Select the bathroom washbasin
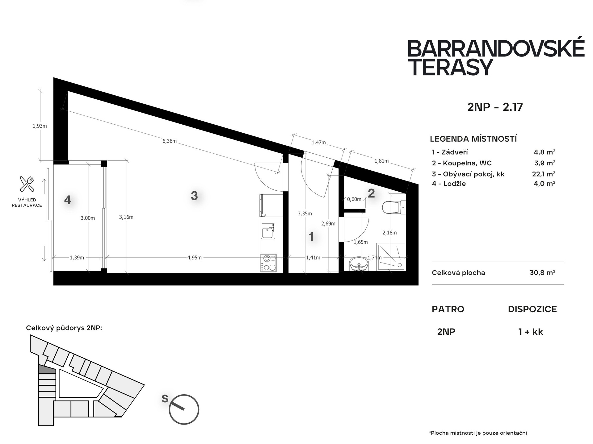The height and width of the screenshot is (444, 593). (359, 264)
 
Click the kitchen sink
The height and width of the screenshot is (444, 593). (268, 231)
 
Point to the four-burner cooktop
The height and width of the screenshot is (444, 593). (268, 263)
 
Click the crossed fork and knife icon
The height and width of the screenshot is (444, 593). (27, 184)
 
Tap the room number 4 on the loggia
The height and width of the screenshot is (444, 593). (68, 200)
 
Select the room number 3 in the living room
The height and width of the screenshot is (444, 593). (194, 196)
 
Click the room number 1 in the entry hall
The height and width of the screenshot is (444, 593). (311, 237)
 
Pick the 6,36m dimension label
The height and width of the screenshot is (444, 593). (170, 141)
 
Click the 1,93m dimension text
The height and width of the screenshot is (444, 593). (40, 126)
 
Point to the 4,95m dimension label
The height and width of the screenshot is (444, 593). (195, 258)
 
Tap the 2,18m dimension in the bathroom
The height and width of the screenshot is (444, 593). (389, 233)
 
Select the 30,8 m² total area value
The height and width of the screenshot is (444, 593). (542, 273)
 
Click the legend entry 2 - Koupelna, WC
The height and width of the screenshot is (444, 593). (462, 163)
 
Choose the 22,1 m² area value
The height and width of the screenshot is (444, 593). (544, 174)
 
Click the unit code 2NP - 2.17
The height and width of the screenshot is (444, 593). (495, 107)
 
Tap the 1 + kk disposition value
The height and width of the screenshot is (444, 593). (531, 332)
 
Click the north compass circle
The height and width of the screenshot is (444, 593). (184, 409)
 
